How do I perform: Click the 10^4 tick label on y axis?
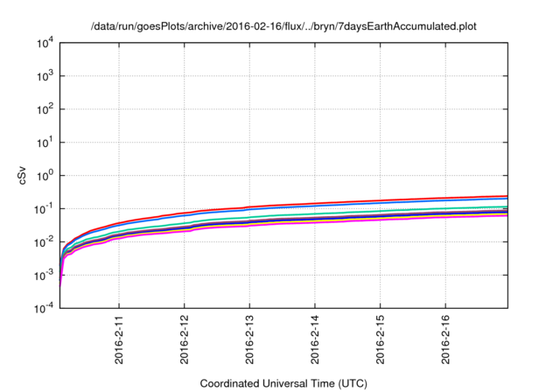pyautogui.click(x=45, y=43)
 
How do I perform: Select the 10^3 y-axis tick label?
pyautogui.click(x=45, y=76)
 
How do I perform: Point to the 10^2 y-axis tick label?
pyautogui.click(x=45, y=109)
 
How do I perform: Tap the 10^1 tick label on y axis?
pyautogui.click(x=45, y=143)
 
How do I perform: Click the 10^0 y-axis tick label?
pyautogui.click(x=45, y=175)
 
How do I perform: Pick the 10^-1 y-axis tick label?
pyautogui.click(x=44, y=208)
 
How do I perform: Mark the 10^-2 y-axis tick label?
pyautogui.click(x=44, y=241)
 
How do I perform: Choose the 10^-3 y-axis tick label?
pyautogui.click(x=44, y=275)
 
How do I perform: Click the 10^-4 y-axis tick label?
pyautogui.click(x=44, y=308)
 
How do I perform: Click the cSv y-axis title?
pyautogui.click(x=24, y=176)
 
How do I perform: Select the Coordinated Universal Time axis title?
pyautogui.click(x=283, y=383)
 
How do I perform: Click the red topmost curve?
pyautogui.click(x=350, y=203)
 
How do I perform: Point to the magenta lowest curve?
pyautogui.click(x=350, y=222)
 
